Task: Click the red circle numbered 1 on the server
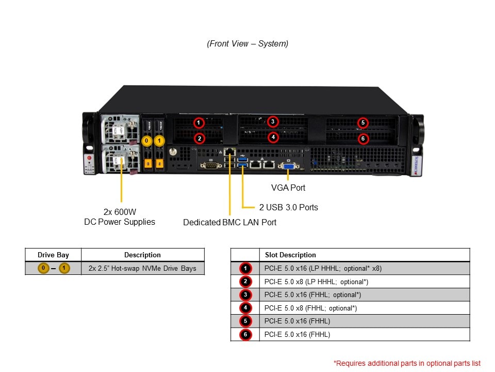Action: pyautogui.click(x=199, y=123)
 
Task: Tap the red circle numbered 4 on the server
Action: pyautogui.click(x=273, y=137)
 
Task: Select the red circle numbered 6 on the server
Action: pyautogui.click(x=363, y=138)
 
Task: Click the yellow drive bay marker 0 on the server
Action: pyautogui.click(x=147, y=141)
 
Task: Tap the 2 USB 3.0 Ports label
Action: pyautogui.click(x=288, y=207)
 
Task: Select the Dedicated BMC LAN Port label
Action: pyautogui.click(x=229, y=222)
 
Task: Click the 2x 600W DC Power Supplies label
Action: pyautogui.click(x=120, y=216)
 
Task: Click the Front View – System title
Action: pyautogui.click(x=247, y=44)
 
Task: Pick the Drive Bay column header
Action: pyautogui.click(x=53, y=255)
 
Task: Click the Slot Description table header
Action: pyautogui.click(x=290, y=255)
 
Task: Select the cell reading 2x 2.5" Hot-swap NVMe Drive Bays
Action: pyautogui.click(x=142, y=268)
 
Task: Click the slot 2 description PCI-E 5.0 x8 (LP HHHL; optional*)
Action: pyautogui.click(x=316, y=282)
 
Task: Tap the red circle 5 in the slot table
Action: pyautogui.click(x=245, y=321)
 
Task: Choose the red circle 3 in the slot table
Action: pyautogui.click(x=245, y=295)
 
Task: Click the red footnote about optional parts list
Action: pyautogui.click(x=407, y=363)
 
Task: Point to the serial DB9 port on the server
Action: pyautogui.click(x=210, y=165)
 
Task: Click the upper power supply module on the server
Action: pyautogui.click(x=120, y=129)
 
